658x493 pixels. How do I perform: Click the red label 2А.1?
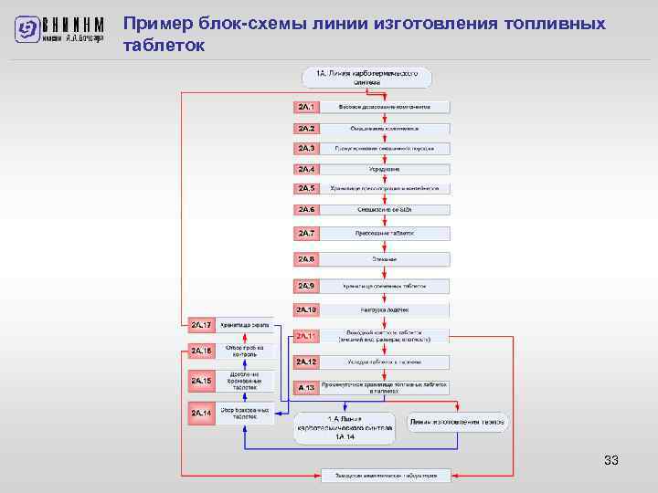click(x=306, y=107)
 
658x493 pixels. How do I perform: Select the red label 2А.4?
click(x=306, y=169)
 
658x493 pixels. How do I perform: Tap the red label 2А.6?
click(x=306, y=209)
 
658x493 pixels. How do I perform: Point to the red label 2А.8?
click(x=306, y=259)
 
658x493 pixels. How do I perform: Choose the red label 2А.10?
click(x=306, y=310)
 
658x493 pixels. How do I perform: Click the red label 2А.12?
click(x=306, y=362)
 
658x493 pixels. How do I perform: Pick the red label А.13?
click(x=306, y=387)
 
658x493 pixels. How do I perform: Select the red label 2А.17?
click(x=202, y=324)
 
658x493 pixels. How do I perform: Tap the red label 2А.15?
click(x=202, y=381)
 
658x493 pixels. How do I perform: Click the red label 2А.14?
click(x=202, y=413)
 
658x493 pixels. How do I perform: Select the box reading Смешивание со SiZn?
click(x=385, y=209)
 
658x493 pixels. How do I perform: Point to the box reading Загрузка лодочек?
click(x=385, y=310)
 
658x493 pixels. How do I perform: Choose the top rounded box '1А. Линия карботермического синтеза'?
click(x=366, y=78)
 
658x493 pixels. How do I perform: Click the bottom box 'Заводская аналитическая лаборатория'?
click(x=385, y=476)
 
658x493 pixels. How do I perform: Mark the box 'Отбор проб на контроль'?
click(x=245, y=351)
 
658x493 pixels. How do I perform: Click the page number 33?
click(x=611, y=461)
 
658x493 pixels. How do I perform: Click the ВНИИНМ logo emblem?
click(x=28, y=29)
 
